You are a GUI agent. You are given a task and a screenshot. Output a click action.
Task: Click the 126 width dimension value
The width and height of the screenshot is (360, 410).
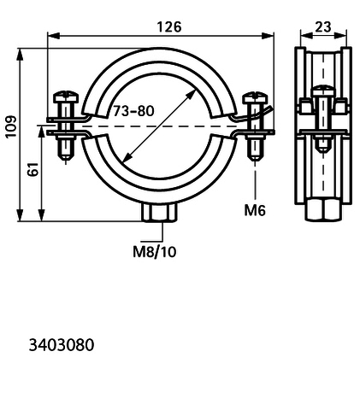(x=169, y=27)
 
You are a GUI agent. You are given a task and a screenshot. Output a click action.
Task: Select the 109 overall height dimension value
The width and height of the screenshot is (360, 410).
(x=11, y=126)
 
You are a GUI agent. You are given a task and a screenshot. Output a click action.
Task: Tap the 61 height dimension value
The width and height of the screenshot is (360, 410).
(x=33, y=169)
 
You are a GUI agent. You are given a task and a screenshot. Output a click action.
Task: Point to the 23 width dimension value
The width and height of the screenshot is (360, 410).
(x=323, y=26)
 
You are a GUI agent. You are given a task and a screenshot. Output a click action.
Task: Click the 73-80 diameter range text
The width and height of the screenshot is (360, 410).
(x=133, y=111)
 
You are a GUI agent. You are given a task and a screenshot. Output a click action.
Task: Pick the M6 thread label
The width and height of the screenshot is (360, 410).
(x=255, y=211)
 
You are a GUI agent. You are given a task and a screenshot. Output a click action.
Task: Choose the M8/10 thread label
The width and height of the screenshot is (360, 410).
(x=155, y=252)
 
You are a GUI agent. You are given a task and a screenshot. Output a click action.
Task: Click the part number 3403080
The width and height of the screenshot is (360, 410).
(x=62, y=345)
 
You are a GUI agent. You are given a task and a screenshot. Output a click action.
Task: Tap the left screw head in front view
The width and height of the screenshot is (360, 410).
(x=66, y=97)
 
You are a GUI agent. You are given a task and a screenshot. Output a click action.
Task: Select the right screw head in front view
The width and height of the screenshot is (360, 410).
(x=255, y=97)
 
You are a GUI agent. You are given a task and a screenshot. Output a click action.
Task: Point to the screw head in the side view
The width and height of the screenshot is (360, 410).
(x=323, y=91)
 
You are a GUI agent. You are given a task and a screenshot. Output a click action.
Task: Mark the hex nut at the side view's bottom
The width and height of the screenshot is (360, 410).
(x=323, y=210)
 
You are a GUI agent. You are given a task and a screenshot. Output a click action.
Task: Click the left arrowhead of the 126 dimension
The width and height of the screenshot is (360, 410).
(x=54, y=36)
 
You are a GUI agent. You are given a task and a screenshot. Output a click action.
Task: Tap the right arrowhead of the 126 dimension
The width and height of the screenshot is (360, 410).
(x=268, y=36)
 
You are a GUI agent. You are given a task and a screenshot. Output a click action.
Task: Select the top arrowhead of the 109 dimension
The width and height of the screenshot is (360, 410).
(x=20, y=54)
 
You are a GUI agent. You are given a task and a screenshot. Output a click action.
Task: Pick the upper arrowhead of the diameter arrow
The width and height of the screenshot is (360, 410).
(x=192, y=95)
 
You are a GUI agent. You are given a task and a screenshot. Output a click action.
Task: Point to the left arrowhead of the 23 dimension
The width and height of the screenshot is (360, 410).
(x=307, y=35)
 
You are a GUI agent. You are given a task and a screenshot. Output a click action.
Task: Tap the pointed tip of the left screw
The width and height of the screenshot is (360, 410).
(x=66, y=161)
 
